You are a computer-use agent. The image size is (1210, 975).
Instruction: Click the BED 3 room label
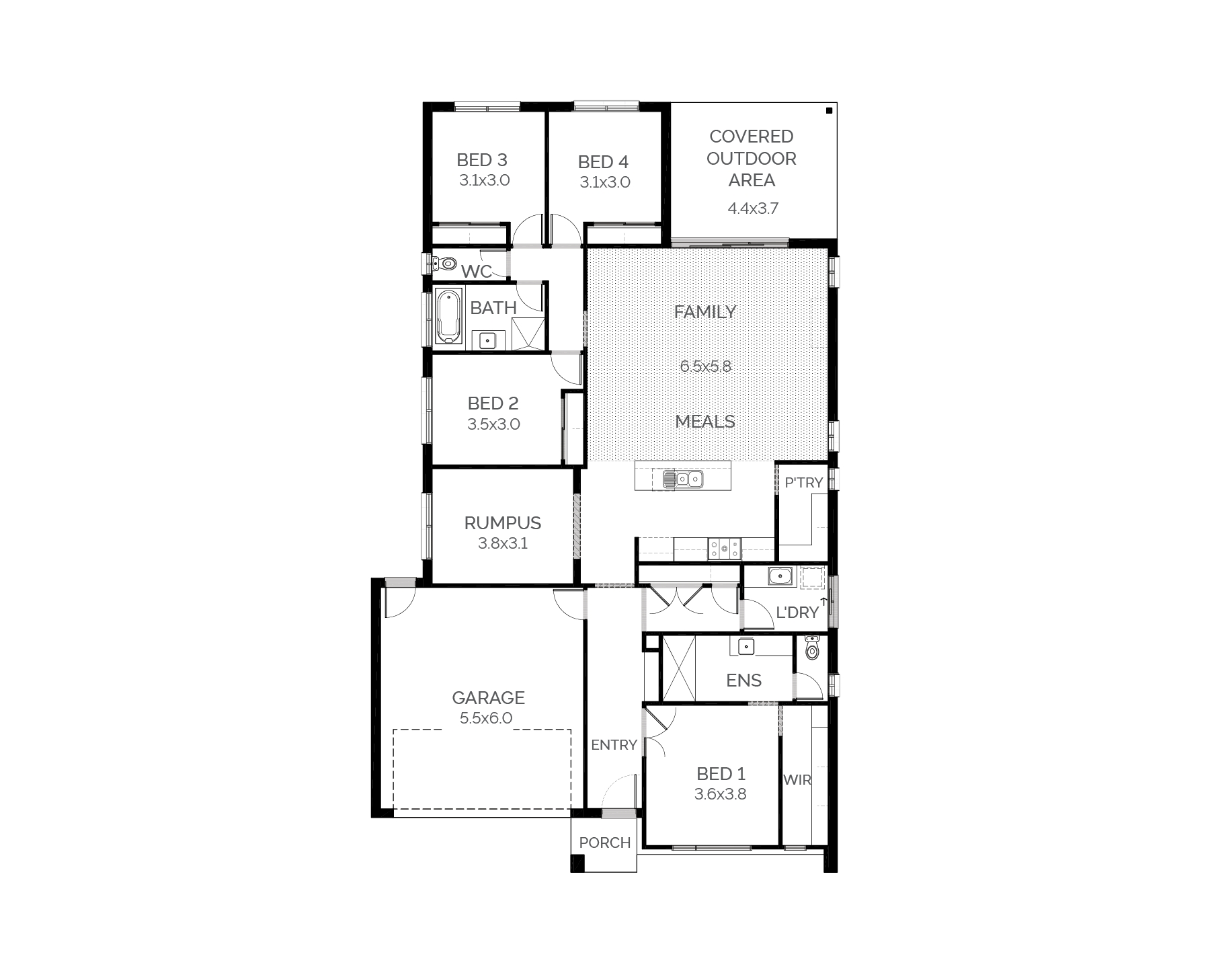482,160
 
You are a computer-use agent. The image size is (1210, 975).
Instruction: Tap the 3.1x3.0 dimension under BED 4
605,182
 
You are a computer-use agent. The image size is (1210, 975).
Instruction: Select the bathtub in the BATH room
448,317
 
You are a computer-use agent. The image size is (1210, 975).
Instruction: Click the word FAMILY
705,312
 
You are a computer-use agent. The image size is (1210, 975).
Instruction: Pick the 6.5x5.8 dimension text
705,366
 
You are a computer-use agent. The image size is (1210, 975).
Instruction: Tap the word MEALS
705,422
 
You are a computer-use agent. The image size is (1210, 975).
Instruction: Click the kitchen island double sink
682,479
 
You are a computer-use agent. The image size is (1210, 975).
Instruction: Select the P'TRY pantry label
804,482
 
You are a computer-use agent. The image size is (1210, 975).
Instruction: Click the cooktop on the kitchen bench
724,549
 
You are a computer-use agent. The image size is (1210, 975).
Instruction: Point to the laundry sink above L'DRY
780,576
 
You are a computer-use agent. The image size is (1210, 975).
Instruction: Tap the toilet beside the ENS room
812,647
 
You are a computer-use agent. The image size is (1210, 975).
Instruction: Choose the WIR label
797,780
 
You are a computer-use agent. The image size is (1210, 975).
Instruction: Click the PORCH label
605,843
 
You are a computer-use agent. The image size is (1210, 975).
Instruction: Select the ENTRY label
614,745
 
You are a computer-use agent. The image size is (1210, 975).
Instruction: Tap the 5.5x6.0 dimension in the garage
486,718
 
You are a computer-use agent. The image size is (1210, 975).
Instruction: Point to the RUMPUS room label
503,523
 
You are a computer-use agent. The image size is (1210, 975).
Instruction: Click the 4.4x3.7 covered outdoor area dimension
753,208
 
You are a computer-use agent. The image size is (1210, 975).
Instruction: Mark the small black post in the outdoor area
830,110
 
